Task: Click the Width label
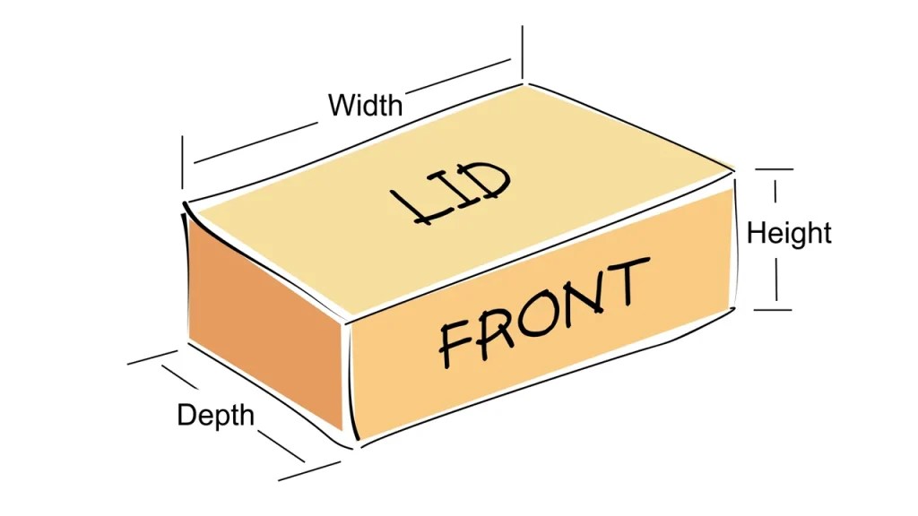pyautogui.click(x=365, y=105)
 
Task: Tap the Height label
pyautogui.click(x=789, y=234)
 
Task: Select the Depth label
pyautogui.click(x=215, y=416)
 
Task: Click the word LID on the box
pyautogui.click(x=453, y=192)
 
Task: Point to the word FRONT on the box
pyautogui.click(x=544, y=313)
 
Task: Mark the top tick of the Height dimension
pyautogui.click(x=774, y=168)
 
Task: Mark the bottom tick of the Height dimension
pyautogui.click(x=773, y=310)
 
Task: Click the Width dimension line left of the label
pyautogui.click(x=251, y=147)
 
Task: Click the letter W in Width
pyautogui.click(x=340, y=105)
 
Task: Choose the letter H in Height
pyautogui.click(x=756, y=233)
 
